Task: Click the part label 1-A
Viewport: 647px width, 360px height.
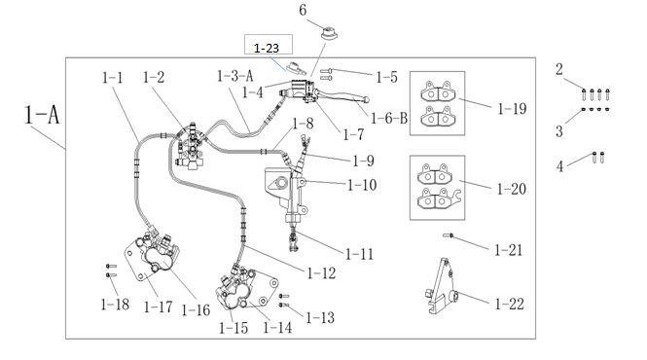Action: point(42,115)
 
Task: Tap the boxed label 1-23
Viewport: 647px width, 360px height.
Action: point(267,49)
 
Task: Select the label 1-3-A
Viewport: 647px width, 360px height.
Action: point(235,76)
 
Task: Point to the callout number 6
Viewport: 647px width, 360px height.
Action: point(303,11)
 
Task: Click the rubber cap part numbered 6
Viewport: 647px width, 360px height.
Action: point(329,33)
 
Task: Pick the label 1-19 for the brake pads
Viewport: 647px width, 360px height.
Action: point(512,109)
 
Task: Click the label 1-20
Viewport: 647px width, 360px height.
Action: point(512,189)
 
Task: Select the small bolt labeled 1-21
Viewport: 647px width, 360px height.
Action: point(448,235)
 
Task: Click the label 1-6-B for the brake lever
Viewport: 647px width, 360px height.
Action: point(389,119)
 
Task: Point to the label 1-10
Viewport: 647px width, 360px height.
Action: point(362,185)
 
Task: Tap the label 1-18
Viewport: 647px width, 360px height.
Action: point(115,305)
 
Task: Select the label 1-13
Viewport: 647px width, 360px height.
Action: point(320,318)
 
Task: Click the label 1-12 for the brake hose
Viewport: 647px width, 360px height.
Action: point(321,273)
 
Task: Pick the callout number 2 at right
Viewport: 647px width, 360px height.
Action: point(558,69)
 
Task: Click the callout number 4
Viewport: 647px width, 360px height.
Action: point(559,166)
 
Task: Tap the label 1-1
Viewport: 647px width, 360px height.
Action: point(113,78)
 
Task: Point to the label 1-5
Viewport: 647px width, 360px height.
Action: point(386,77)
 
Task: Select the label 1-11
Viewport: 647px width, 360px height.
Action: point(359,254)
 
